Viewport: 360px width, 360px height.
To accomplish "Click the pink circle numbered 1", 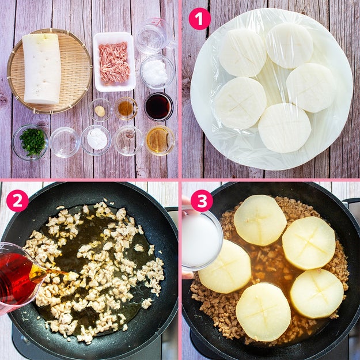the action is click(x=199, y=18).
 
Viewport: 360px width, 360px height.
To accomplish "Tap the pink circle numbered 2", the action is click(x=17, y=200).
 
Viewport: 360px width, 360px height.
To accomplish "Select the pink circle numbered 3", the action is click(x=202, y=200).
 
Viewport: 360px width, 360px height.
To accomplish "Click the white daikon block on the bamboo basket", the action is click(x=42, y=69).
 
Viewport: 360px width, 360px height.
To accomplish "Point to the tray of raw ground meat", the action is click(x=114, y=62).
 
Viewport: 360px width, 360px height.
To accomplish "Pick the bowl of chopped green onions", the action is click(x=30, y=142).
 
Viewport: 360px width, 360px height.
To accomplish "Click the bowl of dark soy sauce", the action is click(x=158, y=107).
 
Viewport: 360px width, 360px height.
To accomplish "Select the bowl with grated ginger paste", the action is click(x=100, y=110).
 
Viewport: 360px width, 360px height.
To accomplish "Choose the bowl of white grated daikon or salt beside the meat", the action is click(x=157, y=71).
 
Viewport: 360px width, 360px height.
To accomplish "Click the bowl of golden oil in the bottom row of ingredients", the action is click(x=160, y=141).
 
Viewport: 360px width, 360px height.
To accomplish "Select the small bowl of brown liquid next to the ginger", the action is click(x=126, y=108).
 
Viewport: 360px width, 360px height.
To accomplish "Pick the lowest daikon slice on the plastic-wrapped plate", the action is click(x=285, y=128).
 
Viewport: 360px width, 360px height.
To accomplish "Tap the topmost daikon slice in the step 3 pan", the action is click(x=260, y=220).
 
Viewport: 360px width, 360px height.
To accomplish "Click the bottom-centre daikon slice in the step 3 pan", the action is click(x=263, y=312).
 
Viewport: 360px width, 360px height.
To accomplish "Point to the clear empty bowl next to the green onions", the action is click(x=65, y=142).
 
